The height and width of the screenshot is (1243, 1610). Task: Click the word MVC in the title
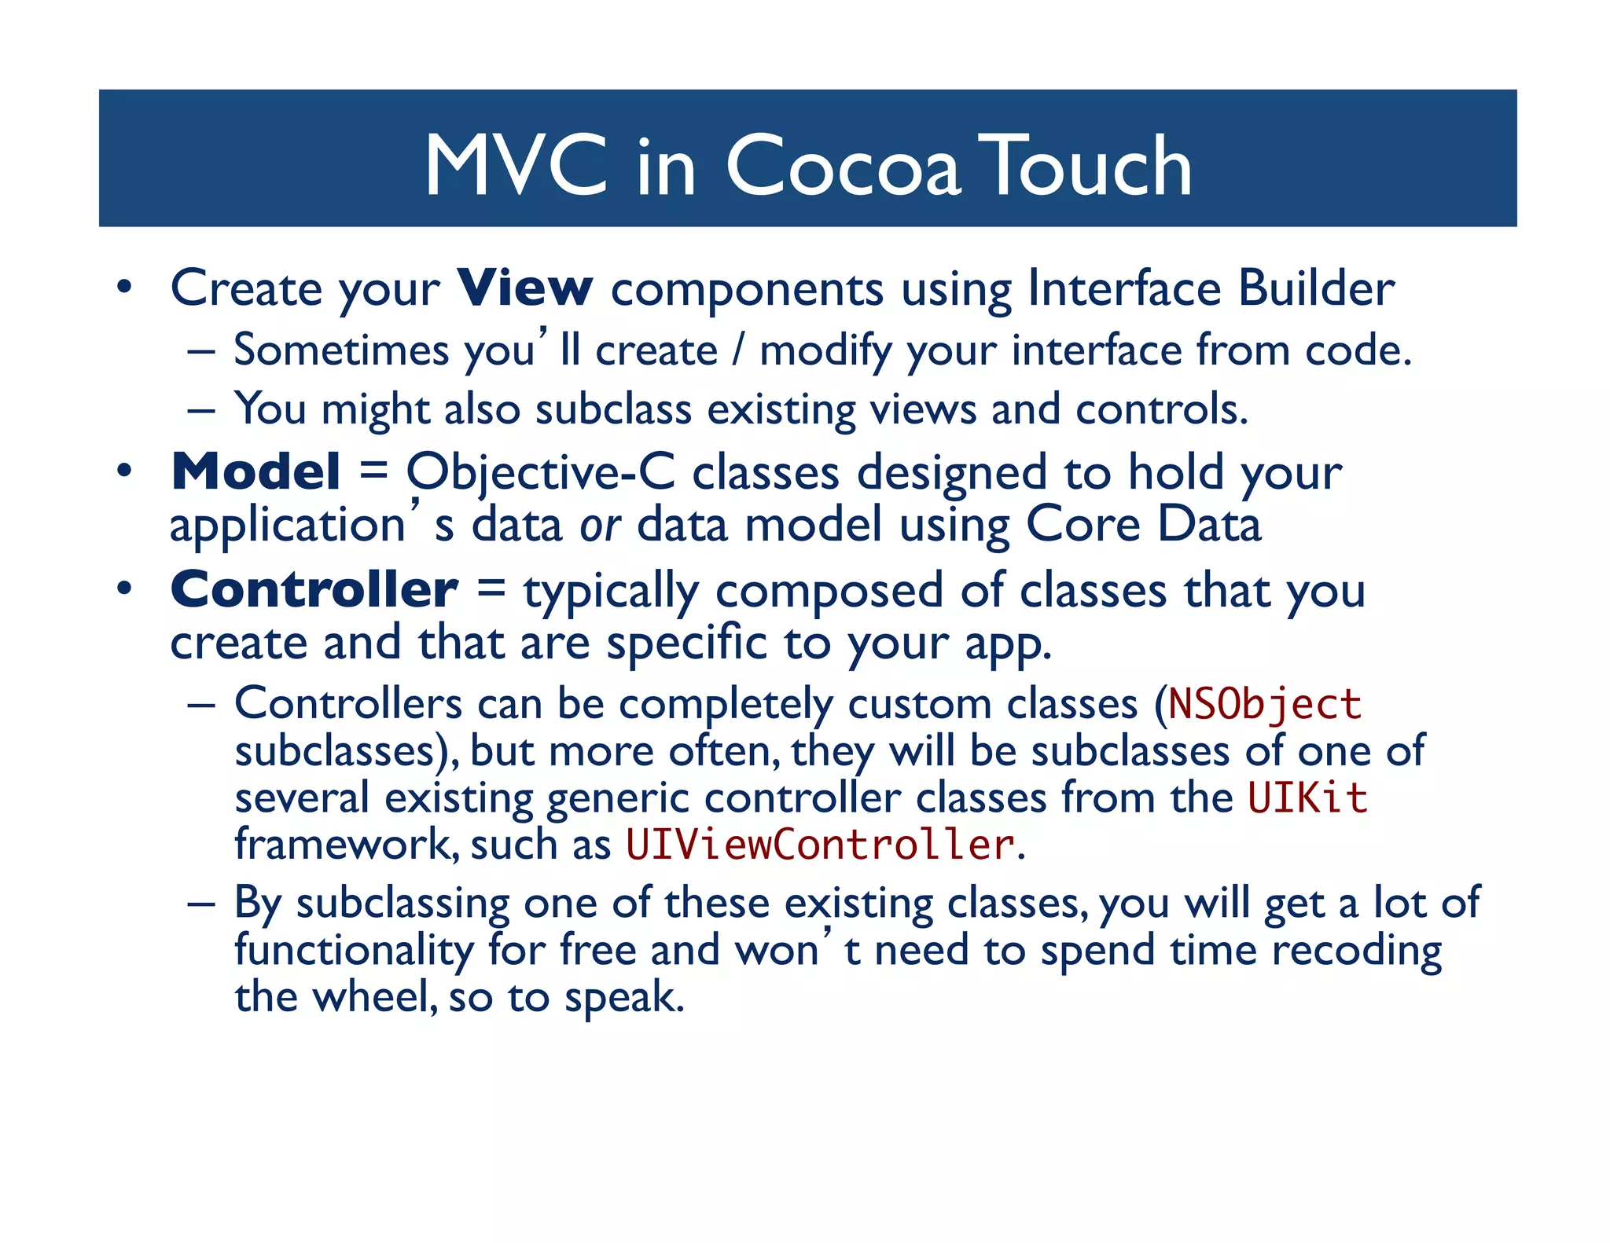[x=516, y=166]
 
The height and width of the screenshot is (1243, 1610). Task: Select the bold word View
[x=524, y=288]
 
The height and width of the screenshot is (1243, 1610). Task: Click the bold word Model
[x=255, y=471]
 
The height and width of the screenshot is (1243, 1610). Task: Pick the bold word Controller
[x=314, y=589]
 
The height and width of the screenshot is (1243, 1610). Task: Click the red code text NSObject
[x=1264, y=703]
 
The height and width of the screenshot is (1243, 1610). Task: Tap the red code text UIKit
[x=1307, y=797]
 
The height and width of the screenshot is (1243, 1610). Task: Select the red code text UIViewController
[x=819, y=845]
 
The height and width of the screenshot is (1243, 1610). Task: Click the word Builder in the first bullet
[x=1316, y=288]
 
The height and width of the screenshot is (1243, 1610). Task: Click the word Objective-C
[x=540, y=473]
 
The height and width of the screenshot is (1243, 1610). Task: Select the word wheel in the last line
[x=374, y=997]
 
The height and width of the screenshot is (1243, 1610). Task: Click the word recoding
[x=1356, y=951]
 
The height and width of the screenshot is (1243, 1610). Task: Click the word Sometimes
[x=341, y=350]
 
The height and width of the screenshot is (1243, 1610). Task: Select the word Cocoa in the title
[x=843, y=166]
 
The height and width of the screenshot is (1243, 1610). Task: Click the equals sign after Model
[x=373, y=471]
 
